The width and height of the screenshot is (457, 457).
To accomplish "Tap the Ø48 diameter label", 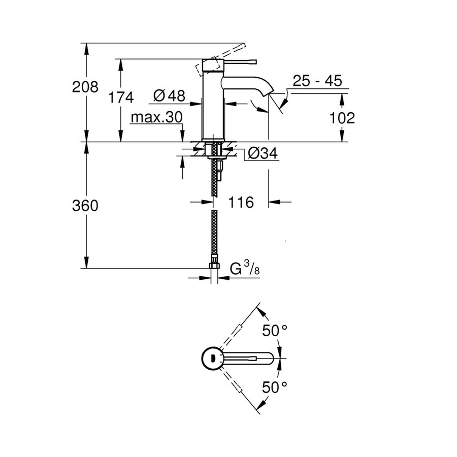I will pos(169,95).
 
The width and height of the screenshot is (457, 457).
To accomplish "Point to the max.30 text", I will pos(156,118).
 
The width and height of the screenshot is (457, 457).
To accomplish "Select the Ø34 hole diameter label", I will pos(263,153).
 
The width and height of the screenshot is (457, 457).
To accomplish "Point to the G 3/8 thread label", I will pos(248,269).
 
